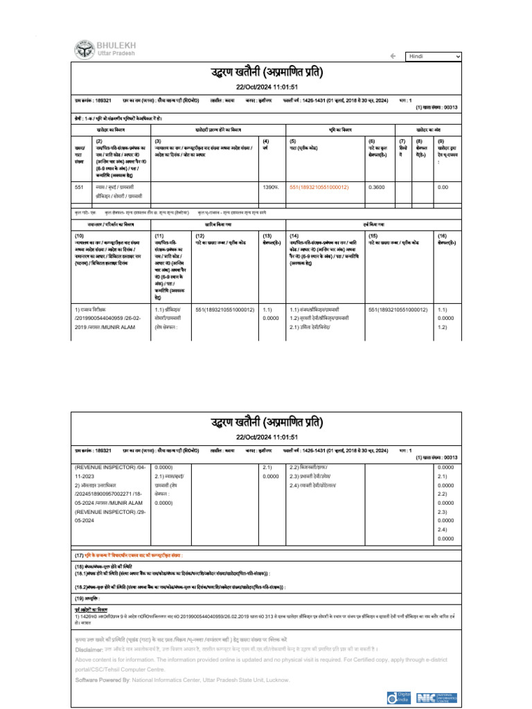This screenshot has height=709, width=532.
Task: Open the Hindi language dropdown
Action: tap(434, 56)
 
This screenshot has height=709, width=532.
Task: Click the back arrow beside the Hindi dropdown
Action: tap(392, 56)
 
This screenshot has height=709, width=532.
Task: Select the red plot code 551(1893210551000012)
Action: tap(319, 188)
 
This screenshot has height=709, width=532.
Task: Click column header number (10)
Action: tap(79, 236)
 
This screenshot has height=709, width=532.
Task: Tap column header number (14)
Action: tap(294, 236)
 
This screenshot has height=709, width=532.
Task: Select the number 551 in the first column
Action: tap(79, 188)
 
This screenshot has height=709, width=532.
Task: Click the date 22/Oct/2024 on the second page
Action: tap(267, 437)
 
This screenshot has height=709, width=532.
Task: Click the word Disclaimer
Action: tap(91, 649)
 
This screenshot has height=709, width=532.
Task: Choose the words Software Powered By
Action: tap(102, 681)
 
